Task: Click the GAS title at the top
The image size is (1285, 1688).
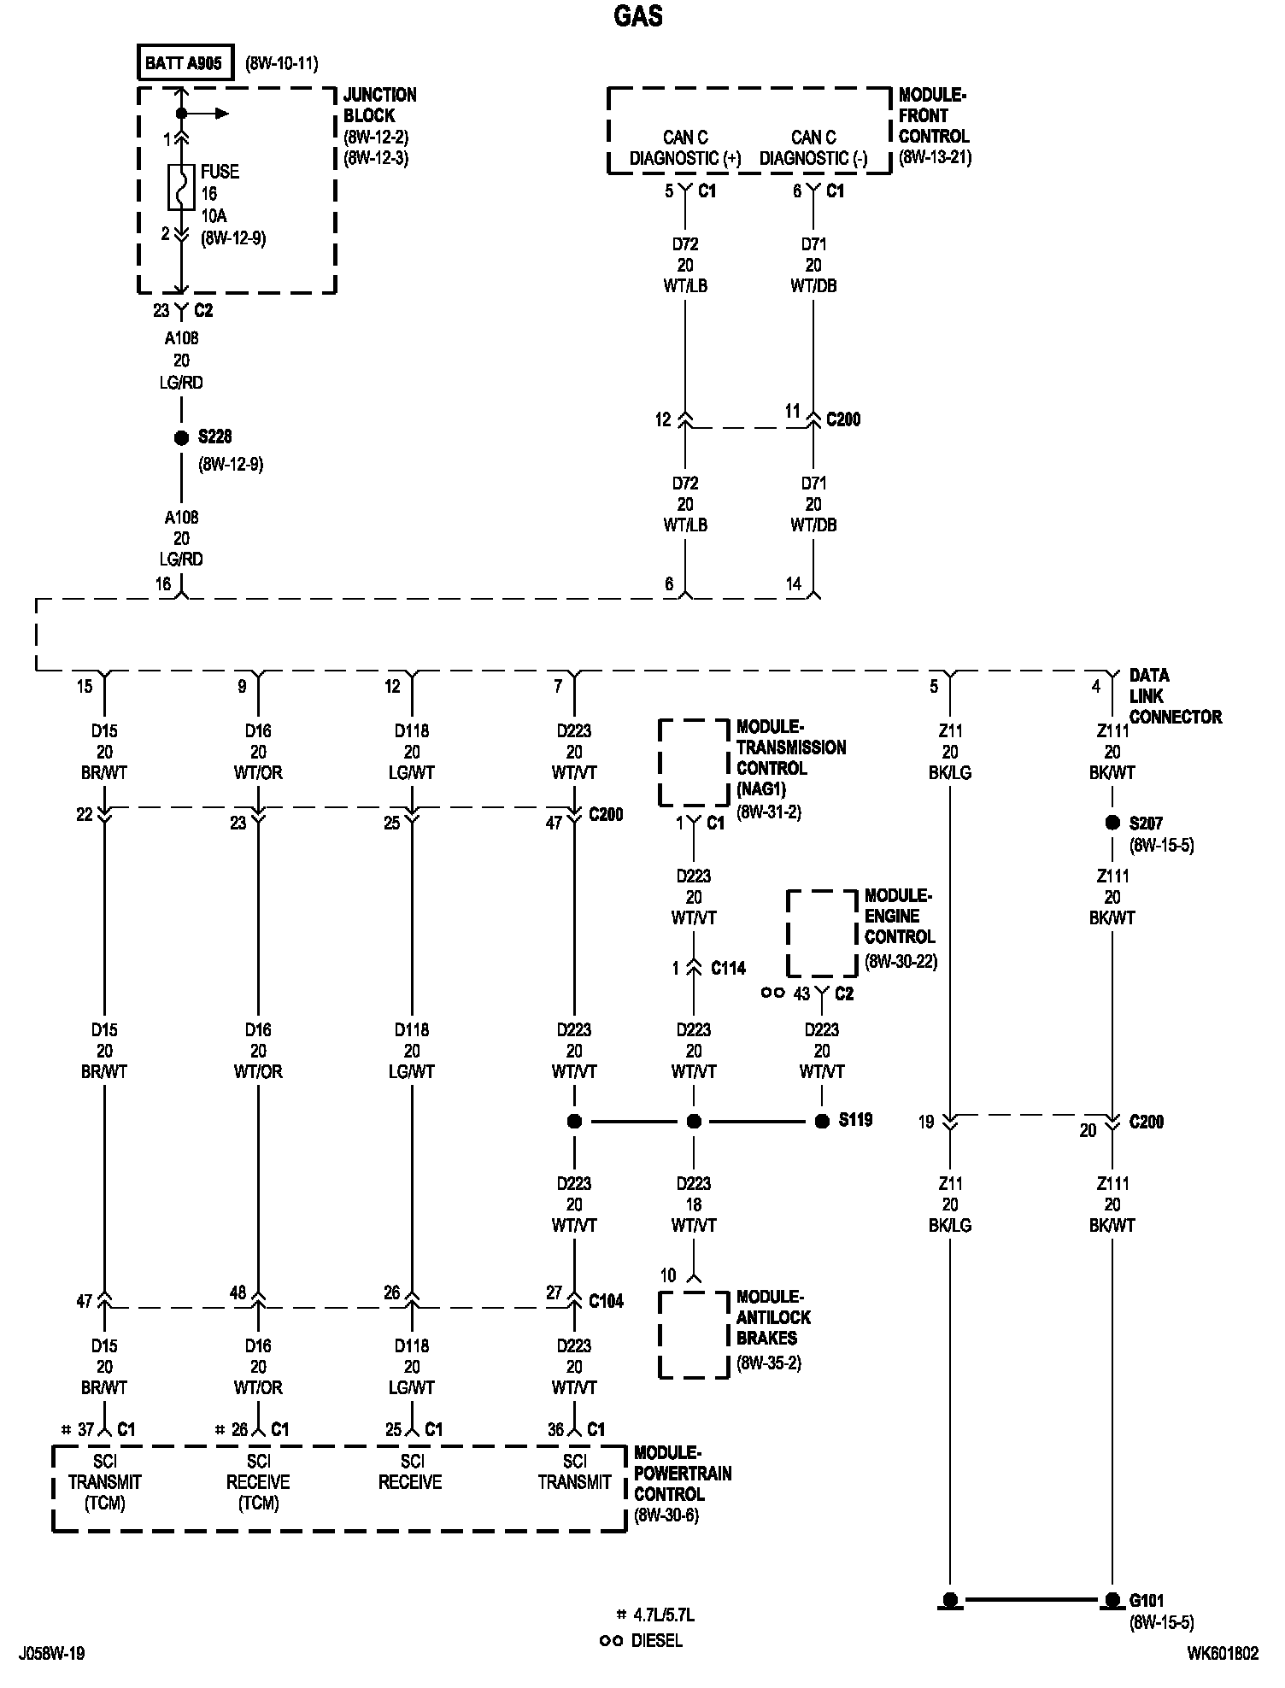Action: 638,16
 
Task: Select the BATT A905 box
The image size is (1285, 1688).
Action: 185,63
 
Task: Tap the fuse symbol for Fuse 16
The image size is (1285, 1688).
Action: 180,186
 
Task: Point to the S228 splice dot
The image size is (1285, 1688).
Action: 181,437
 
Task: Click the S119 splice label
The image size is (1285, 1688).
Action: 855,1119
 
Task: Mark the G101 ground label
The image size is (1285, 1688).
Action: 1147,1600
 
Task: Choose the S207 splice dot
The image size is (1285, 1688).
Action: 1112,823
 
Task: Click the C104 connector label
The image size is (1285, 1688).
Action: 606,1300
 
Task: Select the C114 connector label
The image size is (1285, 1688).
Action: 729,968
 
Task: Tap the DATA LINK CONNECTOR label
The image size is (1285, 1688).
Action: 1175,696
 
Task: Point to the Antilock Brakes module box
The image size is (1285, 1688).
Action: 693,1334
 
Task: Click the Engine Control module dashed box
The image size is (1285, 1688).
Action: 821,933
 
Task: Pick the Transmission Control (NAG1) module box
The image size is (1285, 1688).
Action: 693,762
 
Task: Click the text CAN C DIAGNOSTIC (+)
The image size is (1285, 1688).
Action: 685,148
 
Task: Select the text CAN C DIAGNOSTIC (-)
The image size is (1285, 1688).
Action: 813,148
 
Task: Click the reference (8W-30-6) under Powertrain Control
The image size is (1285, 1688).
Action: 666,1516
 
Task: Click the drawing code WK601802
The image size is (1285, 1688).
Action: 1222,1654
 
